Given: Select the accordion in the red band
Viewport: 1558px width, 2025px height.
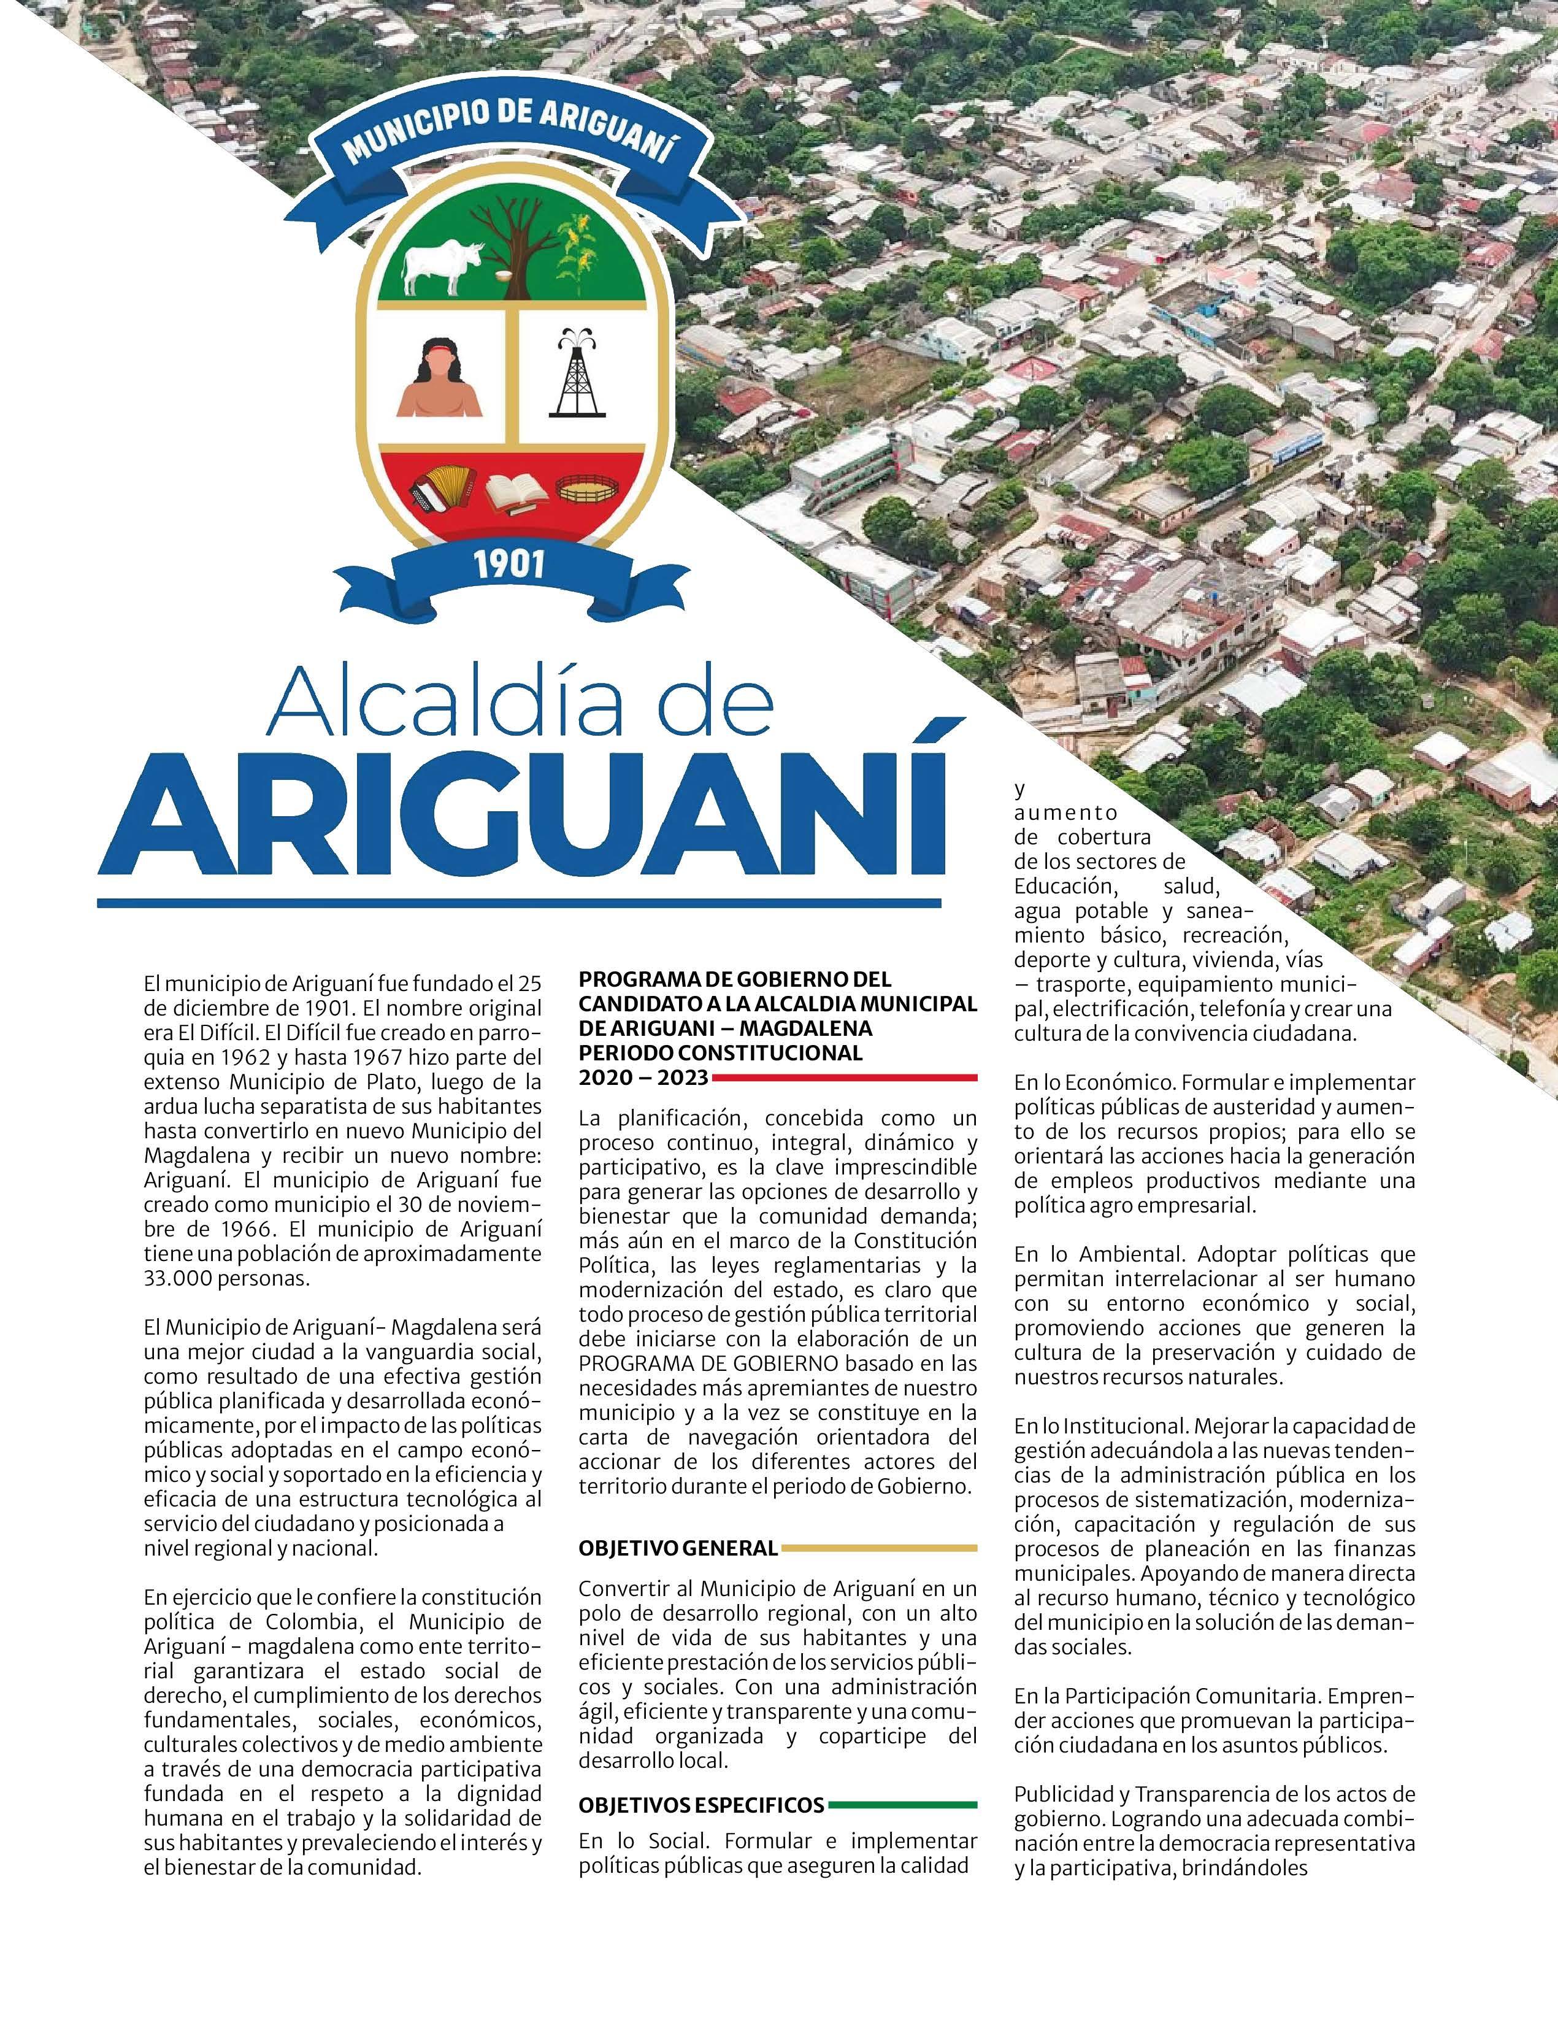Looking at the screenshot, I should pos(441,488).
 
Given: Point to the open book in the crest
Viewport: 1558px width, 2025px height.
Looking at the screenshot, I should pos(513,493).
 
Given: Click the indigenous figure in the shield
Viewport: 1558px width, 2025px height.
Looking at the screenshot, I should pos(439,378).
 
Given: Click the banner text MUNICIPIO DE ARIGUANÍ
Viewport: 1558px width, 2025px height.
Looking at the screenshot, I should pos(508,136).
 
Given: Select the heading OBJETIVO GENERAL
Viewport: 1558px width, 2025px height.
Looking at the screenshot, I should pos(678,1548).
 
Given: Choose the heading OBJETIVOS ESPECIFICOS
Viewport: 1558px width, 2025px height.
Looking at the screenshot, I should pos(700,1804).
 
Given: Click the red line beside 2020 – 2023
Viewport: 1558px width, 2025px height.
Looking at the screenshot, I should pos(843,1078).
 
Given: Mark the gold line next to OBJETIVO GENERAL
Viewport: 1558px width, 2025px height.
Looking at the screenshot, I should pos(878,1548).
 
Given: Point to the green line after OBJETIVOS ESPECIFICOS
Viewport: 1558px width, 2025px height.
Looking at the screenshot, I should pos(903,1804).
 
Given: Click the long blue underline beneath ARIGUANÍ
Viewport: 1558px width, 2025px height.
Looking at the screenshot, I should pos(519,901).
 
